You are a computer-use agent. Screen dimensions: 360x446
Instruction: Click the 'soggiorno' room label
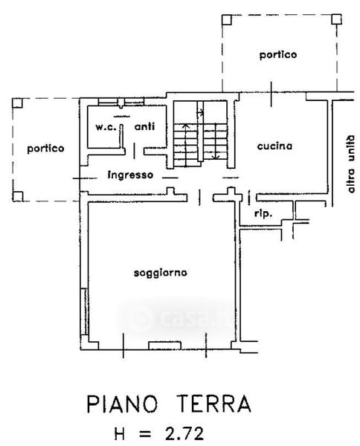(x=160, y=273)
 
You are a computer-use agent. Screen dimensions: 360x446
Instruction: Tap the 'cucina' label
(x=274, y=146)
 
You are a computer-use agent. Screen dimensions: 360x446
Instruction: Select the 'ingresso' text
(x=131, y=175)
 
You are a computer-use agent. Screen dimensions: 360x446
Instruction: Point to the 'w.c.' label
(x=106, y=127)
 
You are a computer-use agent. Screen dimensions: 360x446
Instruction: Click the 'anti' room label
(x=144, y=126)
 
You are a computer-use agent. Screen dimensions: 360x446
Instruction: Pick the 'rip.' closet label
(x=263, y=213)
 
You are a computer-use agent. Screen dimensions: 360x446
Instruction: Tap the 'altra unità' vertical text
(x=351, y=164)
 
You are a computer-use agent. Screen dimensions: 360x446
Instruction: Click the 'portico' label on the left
(x=45, y=149)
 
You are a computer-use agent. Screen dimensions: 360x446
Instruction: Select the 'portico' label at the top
(x=278, y=54)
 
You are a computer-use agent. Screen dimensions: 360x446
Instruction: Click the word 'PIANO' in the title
(x=122, y=404)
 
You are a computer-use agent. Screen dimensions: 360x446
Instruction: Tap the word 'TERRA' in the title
(x=213, y=404)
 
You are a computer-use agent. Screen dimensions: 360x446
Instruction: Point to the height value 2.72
(x=184, y=434)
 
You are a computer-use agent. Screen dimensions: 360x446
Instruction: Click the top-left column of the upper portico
(x=227, y=20)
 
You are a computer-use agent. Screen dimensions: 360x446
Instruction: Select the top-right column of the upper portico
(x=336, y=19)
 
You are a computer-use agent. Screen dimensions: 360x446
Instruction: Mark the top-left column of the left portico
(x=17, y=103)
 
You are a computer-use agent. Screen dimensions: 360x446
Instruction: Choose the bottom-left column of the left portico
(x=18, y=196)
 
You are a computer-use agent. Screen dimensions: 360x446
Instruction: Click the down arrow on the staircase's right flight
(x=216, y=141)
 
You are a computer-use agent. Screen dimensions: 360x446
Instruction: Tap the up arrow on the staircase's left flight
(x=185, y=145)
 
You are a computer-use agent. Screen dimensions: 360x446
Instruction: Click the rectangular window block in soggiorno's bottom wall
(x=165, y=345)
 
